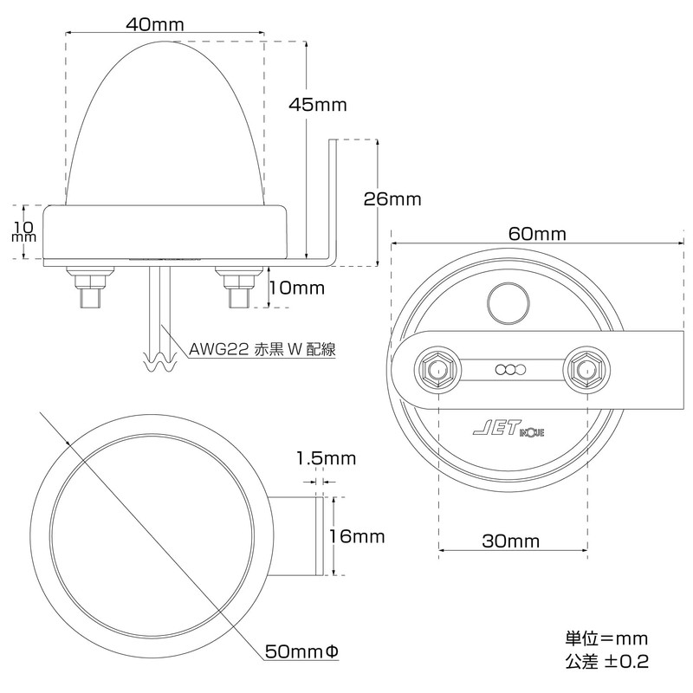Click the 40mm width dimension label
[155, 24]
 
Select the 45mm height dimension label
[318, 105]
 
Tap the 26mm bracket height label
[392, 199]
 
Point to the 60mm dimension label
[537, 234]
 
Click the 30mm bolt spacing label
[511, 541]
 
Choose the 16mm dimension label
[357, 536]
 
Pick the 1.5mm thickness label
[326, 458]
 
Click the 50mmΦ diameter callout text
[301, 651]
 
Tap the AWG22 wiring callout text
[262, 349]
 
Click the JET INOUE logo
[508, 427]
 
